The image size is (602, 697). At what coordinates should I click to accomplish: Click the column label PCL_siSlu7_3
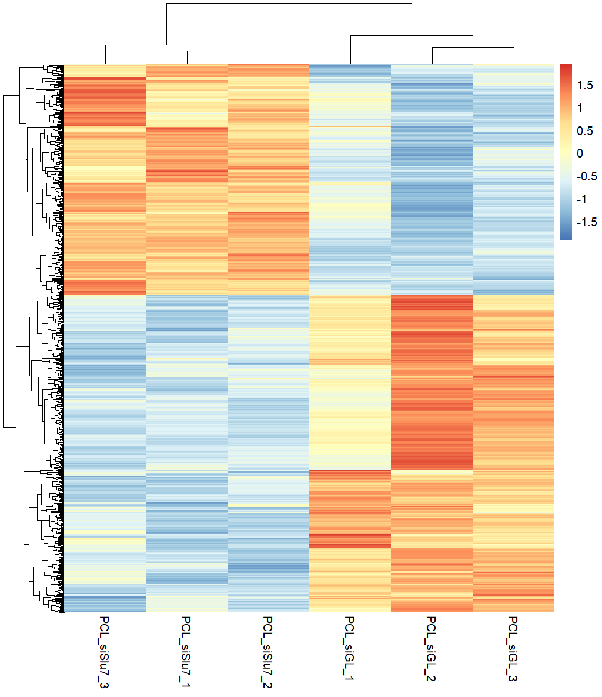point(105,652)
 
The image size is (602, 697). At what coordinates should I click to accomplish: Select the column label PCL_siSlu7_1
point(186,652)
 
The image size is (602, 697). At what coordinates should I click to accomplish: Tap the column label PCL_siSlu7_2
point(268,652)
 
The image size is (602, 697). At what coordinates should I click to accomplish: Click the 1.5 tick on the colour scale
point(585,86)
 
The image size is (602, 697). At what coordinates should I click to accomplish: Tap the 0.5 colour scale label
point(585,131)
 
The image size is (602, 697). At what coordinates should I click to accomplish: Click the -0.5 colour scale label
point(586,176)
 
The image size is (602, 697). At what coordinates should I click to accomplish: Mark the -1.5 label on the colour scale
point(586,222)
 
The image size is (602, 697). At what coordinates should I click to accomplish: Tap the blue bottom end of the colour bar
point(566,238)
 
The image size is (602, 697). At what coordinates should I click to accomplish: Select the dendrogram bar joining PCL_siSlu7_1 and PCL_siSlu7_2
point(228,51)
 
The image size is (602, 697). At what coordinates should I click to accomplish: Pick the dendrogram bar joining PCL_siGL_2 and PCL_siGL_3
point(473,48)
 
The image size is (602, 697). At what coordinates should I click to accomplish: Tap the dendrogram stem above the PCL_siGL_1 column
point(351,50)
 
